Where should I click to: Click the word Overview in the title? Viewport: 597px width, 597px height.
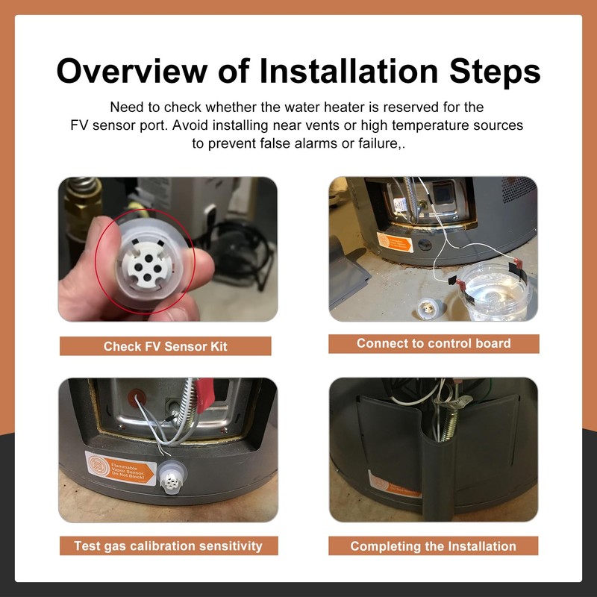132,71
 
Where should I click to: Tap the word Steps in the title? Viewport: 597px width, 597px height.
495,72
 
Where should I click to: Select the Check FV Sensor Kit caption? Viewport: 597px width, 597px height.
165,346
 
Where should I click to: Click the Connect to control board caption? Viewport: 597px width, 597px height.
434,343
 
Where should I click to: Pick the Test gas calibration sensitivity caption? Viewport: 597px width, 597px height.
169,546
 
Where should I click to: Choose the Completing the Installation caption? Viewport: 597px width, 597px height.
434,546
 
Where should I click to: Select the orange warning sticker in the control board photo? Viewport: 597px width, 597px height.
395,242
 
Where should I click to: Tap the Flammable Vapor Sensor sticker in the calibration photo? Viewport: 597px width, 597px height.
120,469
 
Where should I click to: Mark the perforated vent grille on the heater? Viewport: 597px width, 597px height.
519,190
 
